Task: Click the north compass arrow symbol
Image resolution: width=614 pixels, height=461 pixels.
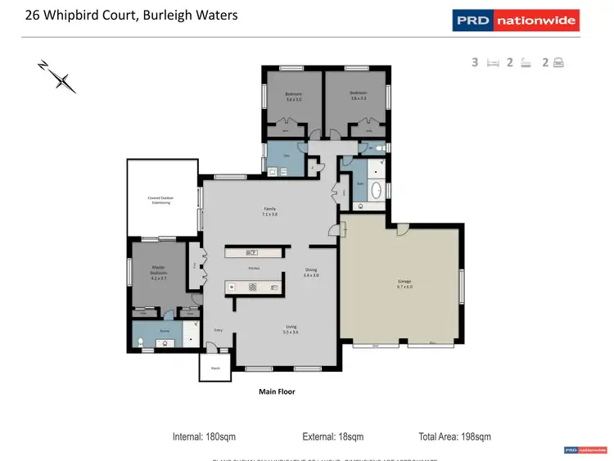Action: [59, 76]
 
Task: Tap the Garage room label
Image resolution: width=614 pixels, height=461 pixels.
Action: [404, 283]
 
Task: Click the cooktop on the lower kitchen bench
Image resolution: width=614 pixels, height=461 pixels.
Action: [252, 287]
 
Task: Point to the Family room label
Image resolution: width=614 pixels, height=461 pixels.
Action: [269, 211]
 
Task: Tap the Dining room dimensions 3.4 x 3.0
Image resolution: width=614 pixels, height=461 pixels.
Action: [311, 275]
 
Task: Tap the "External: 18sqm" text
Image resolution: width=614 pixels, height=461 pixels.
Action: [332, 436]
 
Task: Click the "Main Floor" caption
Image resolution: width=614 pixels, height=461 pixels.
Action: [277, 392]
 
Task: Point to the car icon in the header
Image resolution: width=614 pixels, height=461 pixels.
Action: [558, 62]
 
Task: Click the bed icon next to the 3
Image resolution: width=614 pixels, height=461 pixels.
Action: [493, 62]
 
